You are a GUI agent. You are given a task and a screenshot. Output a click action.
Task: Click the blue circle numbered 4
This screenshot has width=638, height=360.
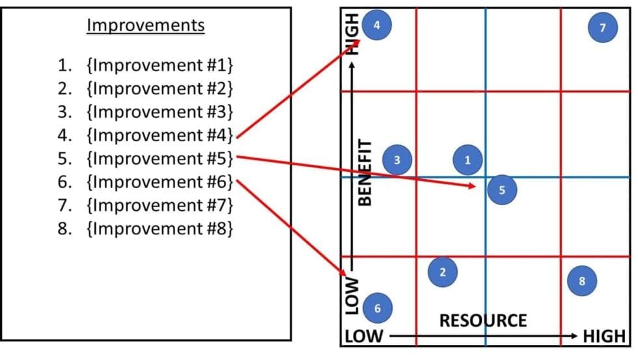tap(378, 25)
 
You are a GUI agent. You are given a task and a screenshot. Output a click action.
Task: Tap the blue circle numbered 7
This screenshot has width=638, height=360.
tap(602, 27)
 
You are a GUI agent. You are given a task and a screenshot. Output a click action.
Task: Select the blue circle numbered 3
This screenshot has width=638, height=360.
tap(396, 159)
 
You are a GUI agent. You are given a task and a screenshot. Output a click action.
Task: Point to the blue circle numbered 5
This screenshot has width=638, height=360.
tap(502, 189)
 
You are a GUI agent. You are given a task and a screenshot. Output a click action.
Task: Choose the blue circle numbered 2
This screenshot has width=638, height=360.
tap(443, 271)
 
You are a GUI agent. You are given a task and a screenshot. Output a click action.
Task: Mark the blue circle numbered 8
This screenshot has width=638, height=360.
tap(582, 281)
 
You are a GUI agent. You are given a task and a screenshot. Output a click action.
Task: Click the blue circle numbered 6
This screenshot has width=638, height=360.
tap(378, 308)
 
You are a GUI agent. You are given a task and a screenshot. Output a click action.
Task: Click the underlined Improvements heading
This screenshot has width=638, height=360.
tap(146, 25)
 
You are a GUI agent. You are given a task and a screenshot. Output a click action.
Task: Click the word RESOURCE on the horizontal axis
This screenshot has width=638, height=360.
tap(483, 320)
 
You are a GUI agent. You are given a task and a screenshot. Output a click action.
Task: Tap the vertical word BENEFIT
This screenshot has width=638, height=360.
tap(366, 173)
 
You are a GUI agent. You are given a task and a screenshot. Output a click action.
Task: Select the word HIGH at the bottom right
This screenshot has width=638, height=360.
tap(604, 337)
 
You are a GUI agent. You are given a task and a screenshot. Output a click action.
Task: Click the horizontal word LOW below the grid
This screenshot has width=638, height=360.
tap(363, 337)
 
